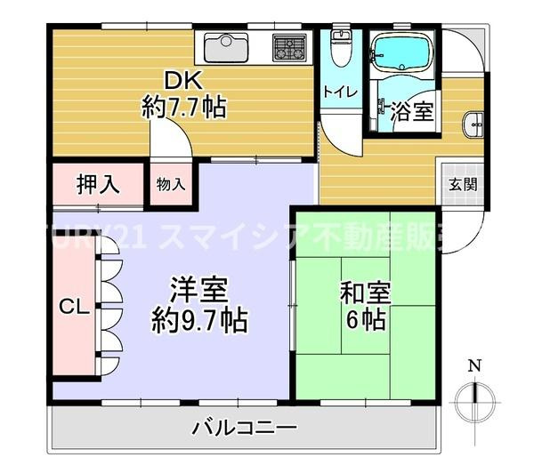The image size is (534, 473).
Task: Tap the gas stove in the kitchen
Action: coord(289,46)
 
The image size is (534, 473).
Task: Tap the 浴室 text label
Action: coord(411,112)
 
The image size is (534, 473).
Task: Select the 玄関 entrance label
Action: coord(462,185)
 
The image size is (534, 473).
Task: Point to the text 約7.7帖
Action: coord(185,108)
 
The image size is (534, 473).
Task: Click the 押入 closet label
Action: coord(97,185)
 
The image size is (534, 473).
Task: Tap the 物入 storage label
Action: coord(170,185)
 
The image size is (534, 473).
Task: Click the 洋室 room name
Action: coord(199,290)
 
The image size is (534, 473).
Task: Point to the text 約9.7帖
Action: coord(199,318)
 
